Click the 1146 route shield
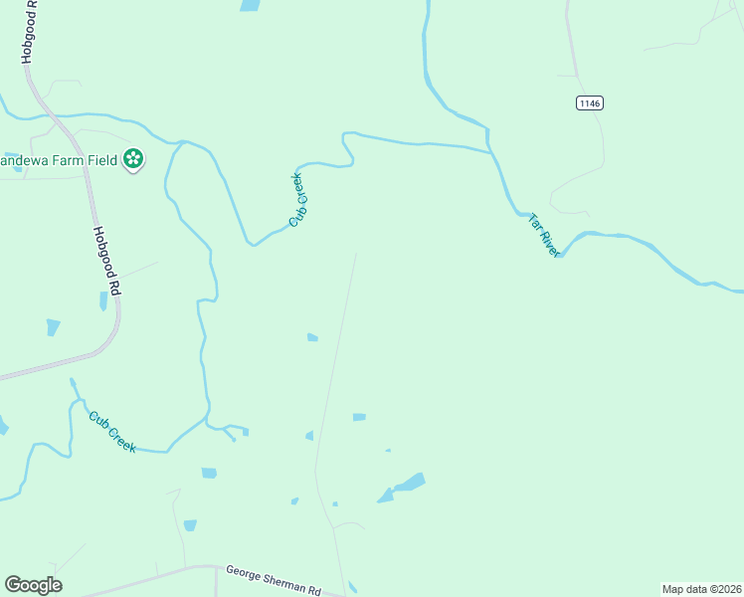589,102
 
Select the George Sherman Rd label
274,579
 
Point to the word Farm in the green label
63,159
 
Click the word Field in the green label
99,159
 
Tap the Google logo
33,585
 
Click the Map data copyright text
701,589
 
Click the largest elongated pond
402,488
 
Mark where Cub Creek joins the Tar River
490,152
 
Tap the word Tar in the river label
534,223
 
